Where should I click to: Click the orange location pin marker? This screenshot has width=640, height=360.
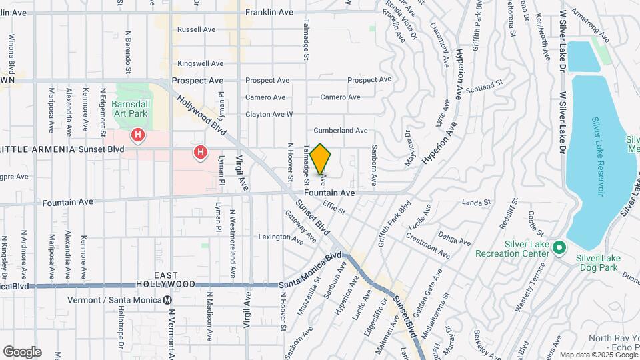(x=321, y=159)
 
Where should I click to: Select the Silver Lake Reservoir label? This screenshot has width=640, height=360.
(x=598, y=156)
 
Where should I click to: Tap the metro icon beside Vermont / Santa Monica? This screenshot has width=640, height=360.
(x=167, y=300)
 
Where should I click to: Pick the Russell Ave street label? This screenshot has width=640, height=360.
(x=196, y=29)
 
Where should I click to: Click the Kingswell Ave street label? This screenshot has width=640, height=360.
(x=200, y=63)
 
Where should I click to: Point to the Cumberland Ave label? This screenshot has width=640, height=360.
(x=341, y=131)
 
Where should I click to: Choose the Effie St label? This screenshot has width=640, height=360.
(x=333, y=207)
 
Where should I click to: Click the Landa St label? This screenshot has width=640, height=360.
(x=476, y=201)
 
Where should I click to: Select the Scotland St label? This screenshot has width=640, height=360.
(x=483, y=88)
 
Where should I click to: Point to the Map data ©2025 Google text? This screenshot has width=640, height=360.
(x=599, y=355)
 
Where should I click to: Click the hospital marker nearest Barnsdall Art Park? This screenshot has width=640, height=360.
(x=138, y=136)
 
